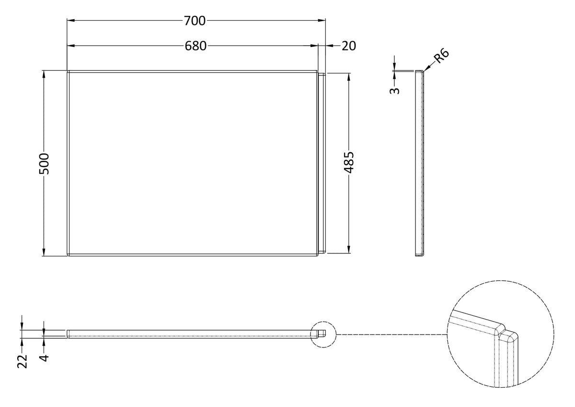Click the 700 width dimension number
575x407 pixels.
click(195, 21)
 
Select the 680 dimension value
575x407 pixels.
click(195, 46)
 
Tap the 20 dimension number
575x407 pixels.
click(349, 46)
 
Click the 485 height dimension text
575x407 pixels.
click(349, 163)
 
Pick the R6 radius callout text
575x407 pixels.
click(441, 56)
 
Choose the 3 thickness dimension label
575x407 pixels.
click(395, 91)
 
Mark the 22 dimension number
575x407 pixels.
click(23, 361)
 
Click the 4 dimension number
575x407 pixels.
click(45, 358)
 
